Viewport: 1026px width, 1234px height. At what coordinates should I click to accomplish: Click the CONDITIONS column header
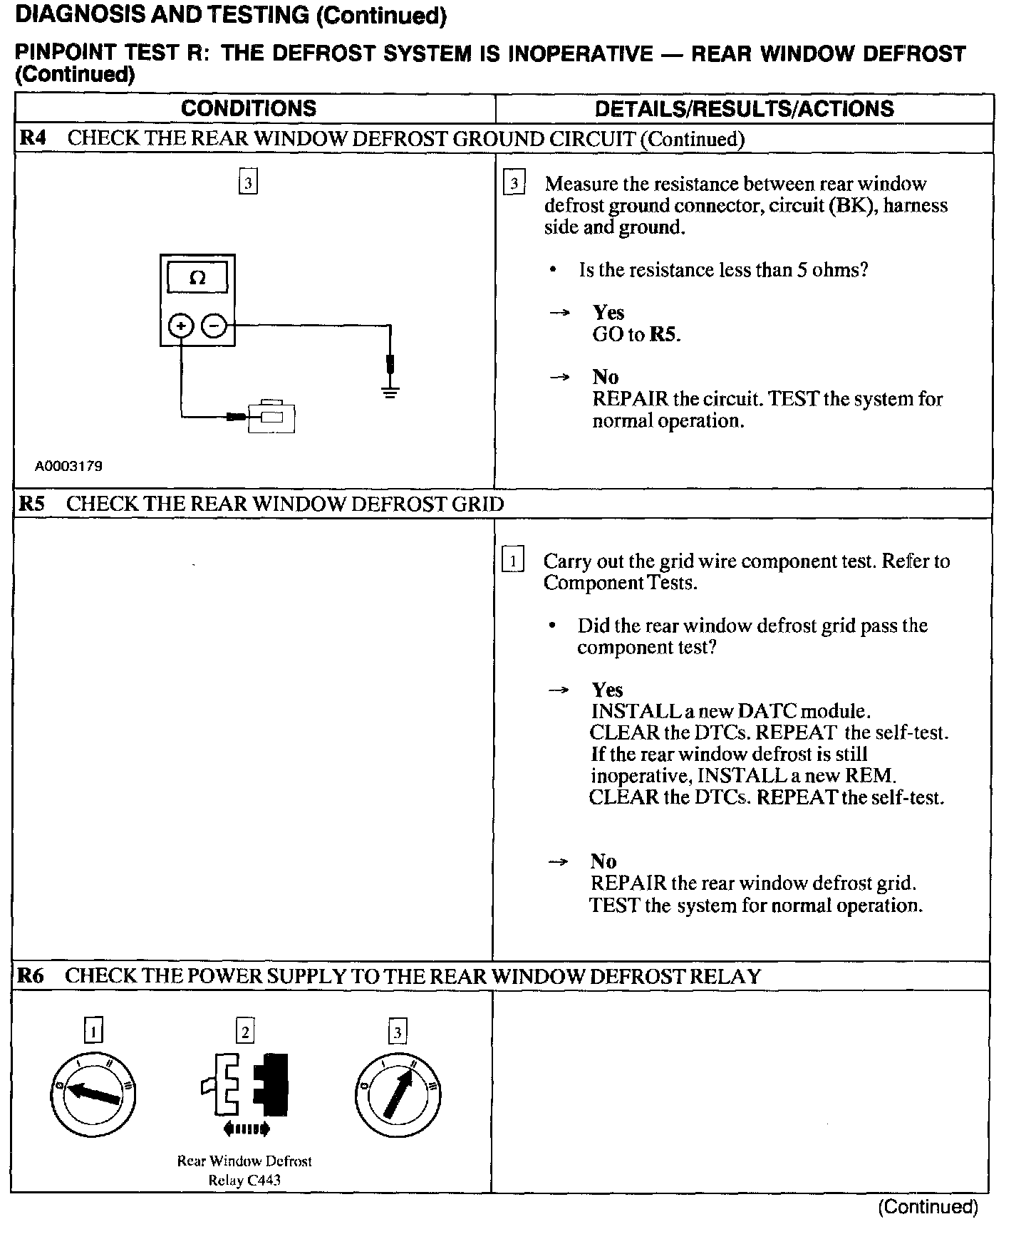click(248, 108)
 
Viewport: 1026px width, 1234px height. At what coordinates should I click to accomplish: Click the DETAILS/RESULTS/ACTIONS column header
click(744, 108)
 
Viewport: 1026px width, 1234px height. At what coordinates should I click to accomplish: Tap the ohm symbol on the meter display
click(197, 279)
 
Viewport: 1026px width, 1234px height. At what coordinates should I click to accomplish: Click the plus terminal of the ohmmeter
click(181, 326)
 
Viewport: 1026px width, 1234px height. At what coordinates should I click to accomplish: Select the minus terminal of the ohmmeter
click(214, 326)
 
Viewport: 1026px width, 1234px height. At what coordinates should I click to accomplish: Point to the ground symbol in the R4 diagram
click(390, 390)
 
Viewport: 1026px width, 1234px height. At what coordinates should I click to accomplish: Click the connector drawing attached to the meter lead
click(271, 417)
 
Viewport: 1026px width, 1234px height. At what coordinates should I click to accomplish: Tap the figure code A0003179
click(69, 467)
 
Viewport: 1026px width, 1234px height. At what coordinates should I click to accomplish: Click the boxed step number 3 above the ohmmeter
click(247, 182)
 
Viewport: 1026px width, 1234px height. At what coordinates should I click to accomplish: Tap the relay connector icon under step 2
click(246, 1083)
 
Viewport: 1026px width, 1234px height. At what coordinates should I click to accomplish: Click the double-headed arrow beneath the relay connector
click(246, 1128)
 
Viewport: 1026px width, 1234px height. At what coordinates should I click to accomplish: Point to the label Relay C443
click(244, 1180)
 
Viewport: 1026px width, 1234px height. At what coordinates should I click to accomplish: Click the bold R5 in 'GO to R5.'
click(664, 334)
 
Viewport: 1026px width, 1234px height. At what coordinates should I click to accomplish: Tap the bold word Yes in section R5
click(607, 690)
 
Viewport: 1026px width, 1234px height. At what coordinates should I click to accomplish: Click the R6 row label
click(31, 975)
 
